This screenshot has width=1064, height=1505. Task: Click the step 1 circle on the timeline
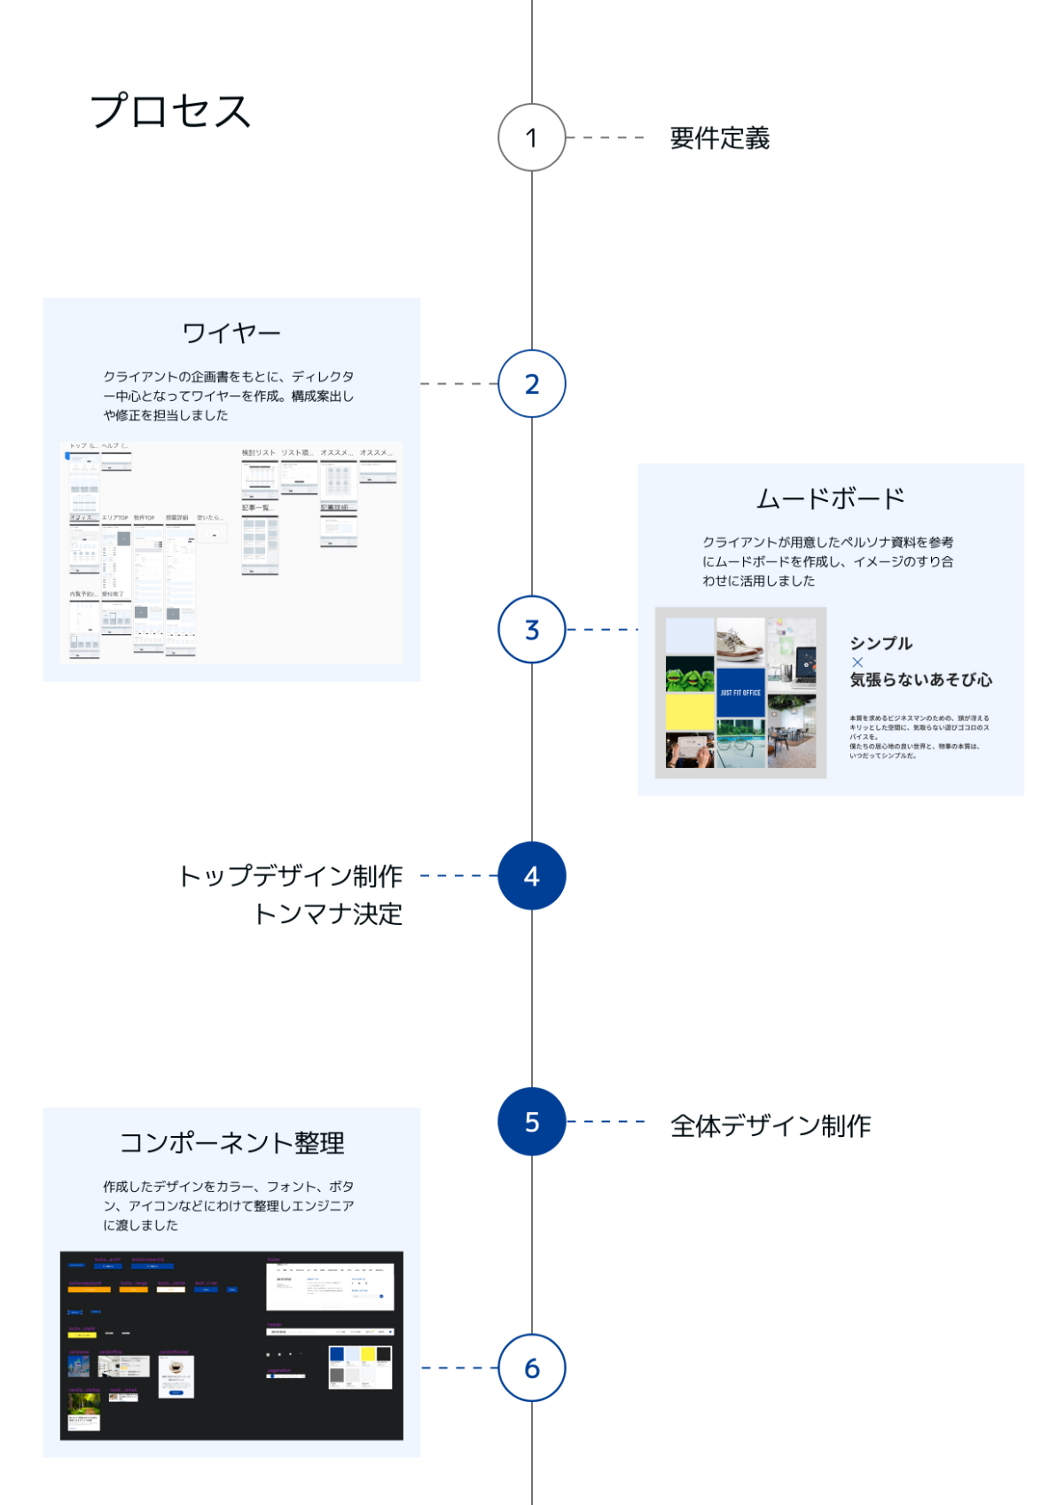532,137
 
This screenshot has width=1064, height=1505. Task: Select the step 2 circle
532,384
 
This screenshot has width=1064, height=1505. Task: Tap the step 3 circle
532,630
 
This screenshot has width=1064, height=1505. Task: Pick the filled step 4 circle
532,876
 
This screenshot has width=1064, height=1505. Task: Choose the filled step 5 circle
532,1122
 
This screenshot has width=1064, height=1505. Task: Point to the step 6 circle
532,1368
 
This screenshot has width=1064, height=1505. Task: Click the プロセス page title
171,112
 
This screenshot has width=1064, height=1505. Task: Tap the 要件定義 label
719,138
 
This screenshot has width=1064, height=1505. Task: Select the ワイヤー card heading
231,333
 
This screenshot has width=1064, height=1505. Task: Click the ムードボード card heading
830,498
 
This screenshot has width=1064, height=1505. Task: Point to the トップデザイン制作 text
291,876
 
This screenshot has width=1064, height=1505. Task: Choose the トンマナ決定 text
328,914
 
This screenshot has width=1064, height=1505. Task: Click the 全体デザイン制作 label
771,1125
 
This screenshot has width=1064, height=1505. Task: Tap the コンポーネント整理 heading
231,1143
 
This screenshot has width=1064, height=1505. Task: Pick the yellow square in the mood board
690,712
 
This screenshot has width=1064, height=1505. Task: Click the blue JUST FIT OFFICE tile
740,693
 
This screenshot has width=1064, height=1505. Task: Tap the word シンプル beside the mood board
881,644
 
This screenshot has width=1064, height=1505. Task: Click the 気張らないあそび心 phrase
921,680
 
